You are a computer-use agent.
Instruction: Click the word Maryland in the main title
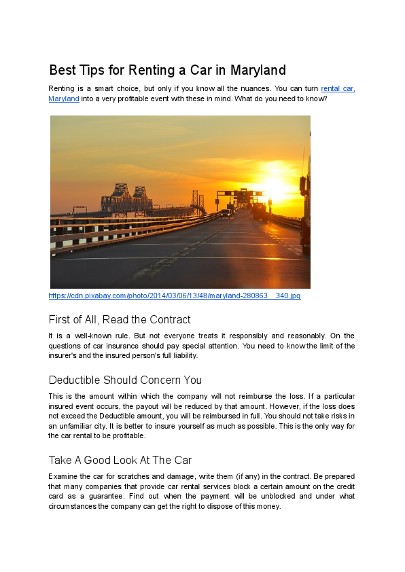[x=258, y=70]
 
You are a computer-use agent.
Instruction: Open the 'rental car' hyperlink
[x=337, y=89]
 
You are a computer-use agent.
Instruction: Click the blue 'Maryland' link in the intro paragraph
[x=64, y=99]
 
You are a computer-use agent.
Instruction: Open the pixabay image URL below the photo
[x=175, y=296]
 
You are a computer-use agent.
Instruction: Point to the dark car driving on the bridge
[x=225, y=213]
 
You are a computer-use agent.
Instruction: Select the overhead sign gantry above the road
[x=238, y=193]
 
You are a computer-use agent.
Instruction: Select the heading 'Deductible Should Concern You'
[x=125, y=380]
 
